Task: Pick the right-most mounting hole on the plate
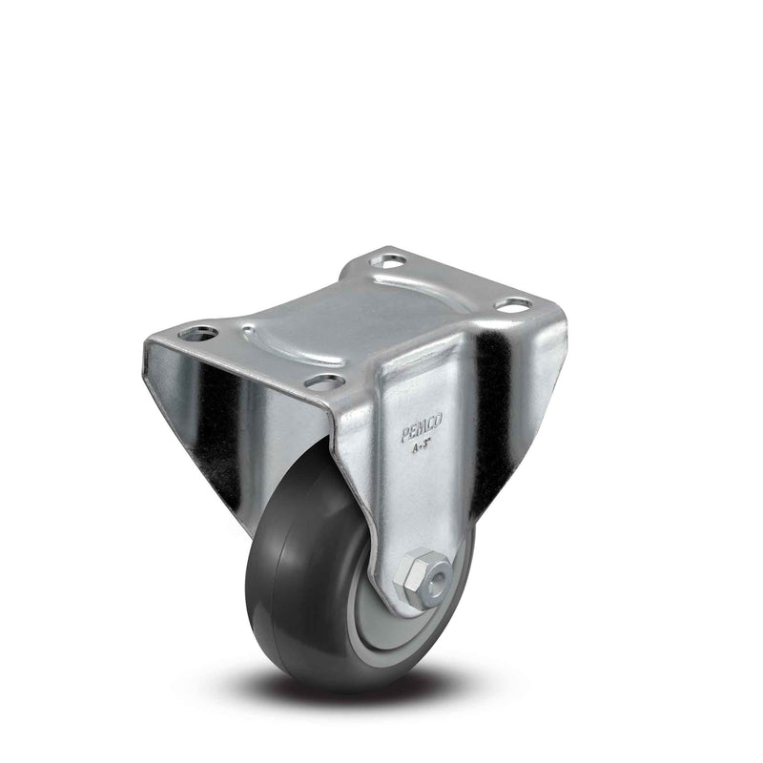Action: [x=516, y=305]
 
